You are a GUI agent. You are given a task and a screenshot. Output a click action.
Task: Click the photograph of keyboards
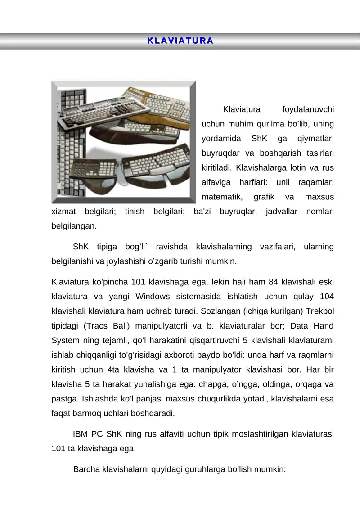[124, 142]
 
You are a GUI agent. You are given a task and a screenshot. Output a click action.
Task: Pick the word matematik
[222, 197]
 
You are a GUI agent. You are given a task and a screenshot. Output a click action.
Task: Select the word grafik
[265, 197]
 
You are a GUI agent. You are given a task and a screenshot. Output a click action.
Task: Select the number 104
[325, 296]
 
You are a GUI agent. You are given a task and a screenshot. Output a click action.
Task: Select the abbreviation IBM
[80, 435]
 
